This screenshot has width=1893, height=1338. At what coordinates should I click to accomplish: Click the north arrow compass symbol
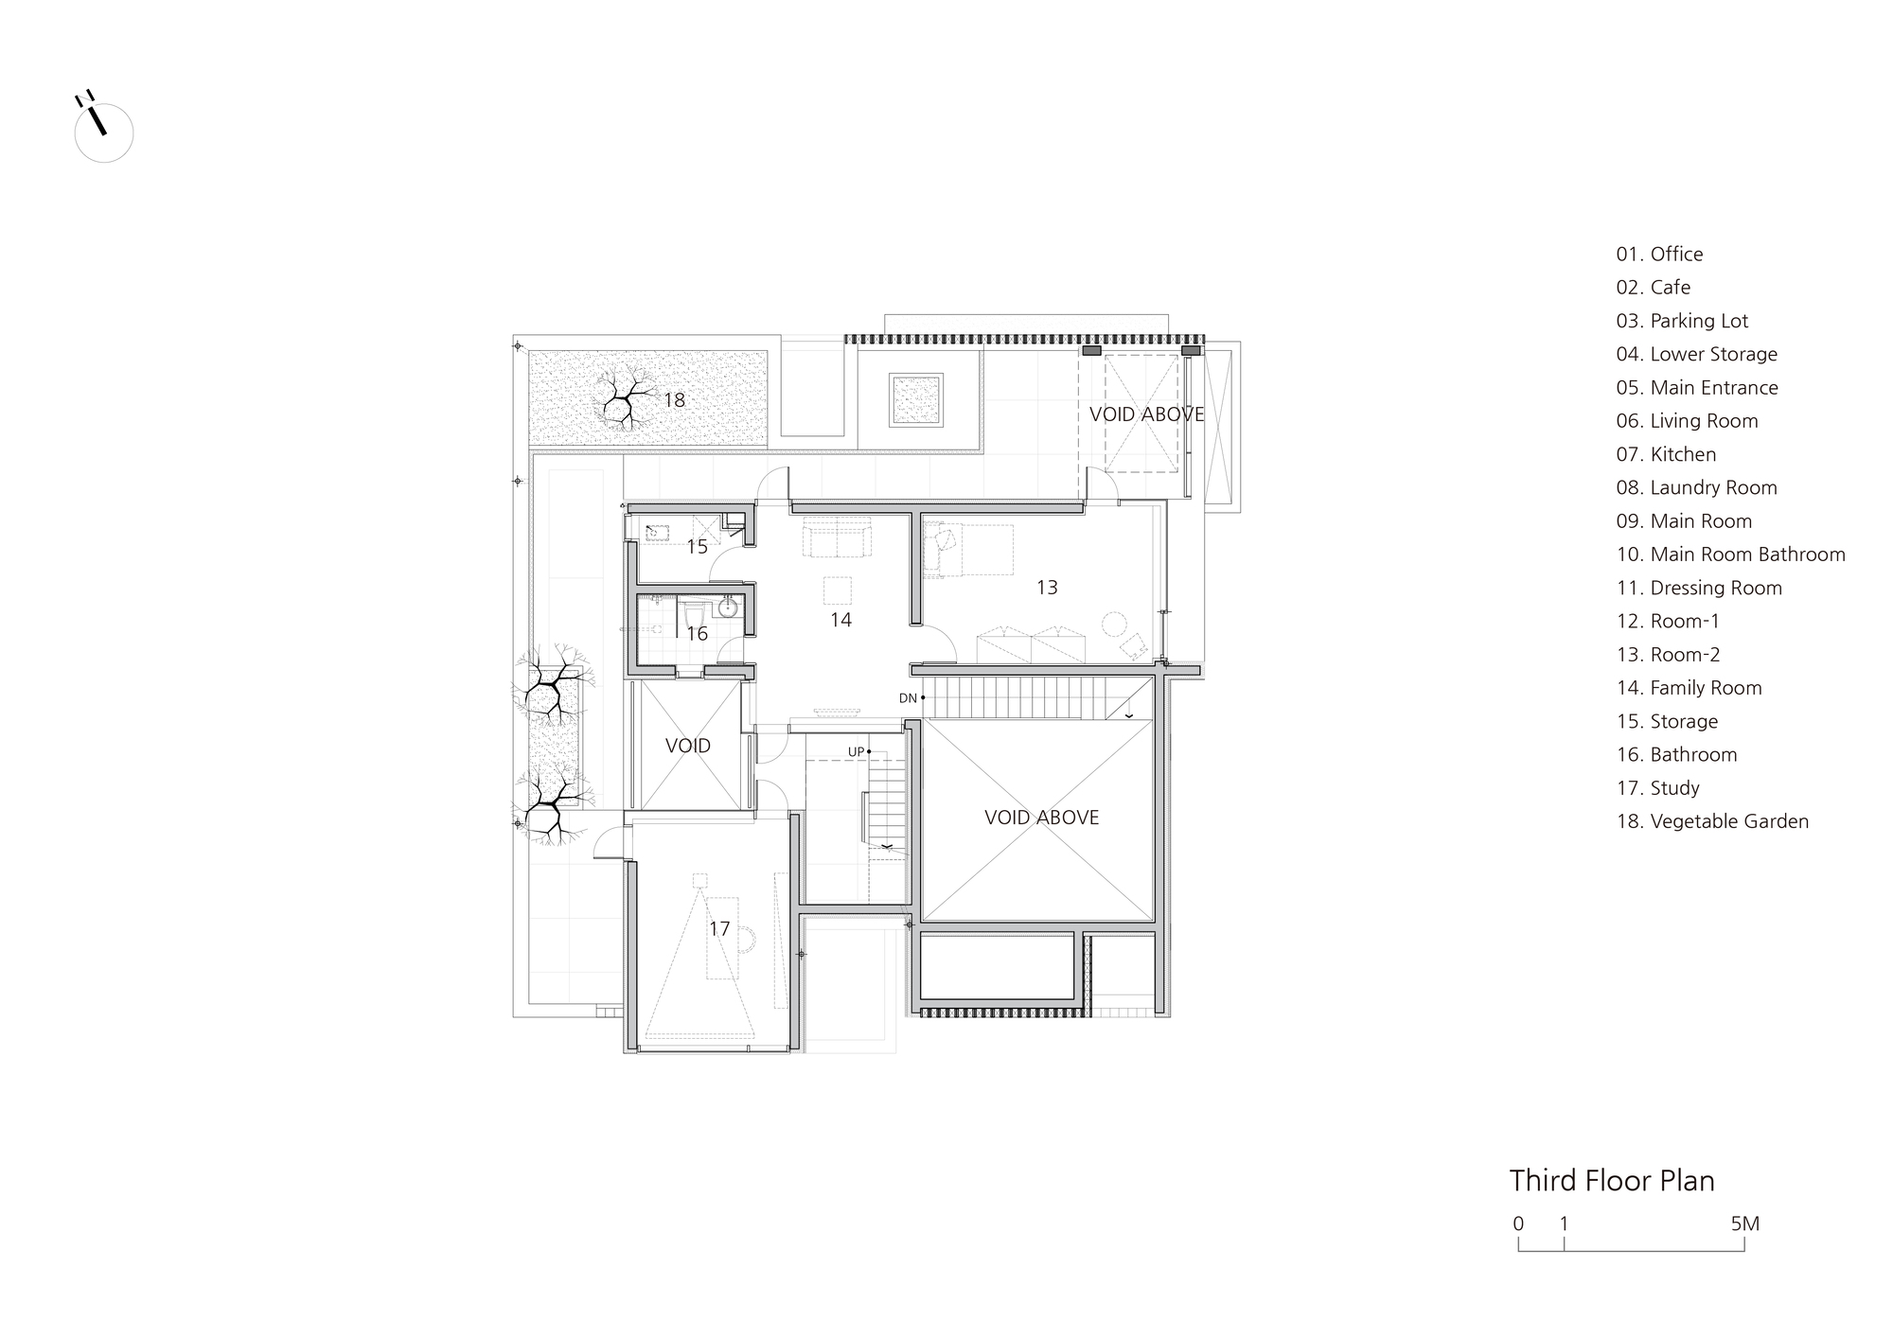[x=103, y=129]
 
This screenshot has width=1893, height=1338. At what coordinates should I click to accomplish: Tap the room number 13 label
[x=1047, y=588]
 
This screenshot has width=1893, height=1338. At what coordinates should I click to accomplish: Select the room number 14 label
[x=840, y=620]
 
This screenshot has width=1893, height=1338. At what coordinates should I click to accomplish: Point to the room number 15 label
[x=697, y=547]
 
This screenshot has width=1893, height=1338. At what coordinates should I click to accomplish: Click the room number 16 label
[x=697, y=634]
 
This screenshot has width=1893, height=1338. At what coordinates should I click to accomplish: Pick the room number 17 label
[x=719, y=929]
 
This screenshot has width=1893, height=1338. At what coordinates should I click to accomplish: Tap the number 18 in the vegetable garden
[x=674, y=400]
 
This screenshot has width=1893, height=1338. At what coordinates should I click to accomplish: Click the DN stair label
[x=908, y=698]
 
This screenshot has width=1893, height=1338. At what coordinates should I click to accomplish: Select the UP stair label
[x=856, y=752]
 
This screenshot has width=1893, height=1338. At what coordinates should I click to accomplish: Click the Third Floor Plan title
[x=1612, y=1181]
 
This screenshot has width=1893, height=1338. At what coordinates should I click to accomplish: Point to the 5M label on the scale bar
[x=1745, y=1224]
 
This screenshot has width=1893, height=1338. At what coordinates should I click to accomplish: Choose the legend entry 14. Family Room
[x=1690, y=688]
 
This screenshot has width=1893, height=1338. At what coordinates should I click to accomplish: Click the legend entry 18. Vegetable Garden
[x=1712, y=821]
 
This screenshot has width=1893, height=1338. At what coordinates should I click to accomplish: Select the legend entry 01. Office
[x=1659, y=254]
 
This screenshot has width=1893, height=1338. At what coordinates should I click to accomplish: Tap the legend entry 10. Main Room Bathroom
[x=1731, y=555]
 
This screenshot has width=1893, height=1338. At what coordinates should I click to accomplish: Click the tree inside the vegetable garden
[x=624, y=397]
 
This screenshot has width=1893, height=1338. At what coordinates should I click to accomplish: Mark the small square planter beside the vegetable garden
[x=915, y=399]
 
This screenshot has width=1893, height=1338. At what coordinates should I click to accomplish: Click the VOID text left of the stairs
[x=688, y=746]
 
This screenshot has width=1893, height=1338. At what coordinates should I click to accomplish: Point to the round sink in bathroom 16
[x=728, y=607]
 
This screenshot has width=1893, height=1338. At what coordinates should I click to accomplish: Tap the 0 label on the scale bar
[x=1518, y=1224]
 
